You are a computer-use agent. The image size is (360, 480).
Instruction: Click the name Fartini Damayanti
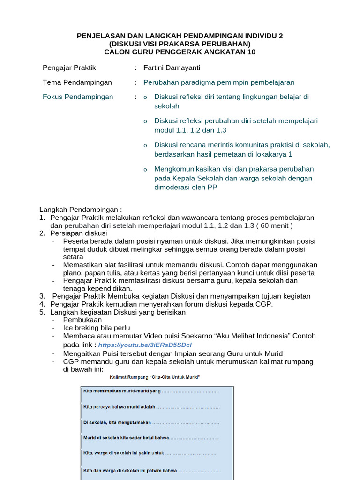tap(172, 68)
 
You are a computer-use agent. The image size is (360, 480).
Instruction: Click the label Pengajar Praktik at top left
tap(69, 68)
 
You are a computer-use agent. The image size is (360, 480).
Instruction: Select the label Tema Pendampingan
tap(77, 82)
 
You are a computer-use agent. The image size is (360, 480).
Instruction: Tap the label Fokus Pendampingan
tap(78, 97)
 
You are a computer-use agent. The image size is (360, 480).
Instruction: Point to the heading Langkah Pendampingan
tap(81, 210)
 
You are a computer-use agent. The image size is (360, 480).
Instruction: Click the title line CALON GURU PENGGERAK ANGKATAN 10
tap(180, 52)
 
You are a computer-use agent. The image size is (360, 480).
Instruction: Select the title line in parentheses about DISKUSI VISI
tap(180, 44)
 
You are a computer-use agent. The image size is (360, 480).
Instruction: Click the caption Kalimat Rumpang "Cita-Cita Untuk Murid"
tap(155, 377)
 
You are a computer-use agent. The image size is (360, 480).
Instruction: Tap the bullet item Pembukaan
tap(82, 320)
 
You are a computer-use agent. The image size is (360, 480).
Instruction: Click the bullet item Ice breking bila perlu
tap(97, 328)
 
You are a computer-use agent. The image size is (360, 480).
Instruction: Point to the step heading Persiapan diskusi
tap(79, 233)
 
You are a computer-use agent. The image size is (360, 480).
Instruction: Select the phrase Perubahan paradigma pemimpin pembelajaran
tap(219, 82)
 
